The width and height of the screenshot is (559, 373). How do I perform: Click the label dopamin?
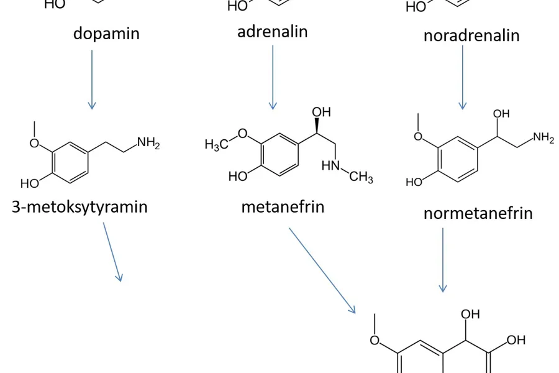point(106,33)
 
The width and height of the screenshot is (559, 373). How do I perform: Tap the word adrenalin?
point(273,31)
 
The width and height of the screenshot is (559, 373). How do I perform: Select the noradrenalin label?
point(471,35)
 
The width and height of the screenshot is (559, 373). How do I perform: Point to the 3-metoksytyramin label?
point(80,206)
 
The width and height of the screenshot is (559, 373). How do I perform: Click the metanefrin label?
point(283,206)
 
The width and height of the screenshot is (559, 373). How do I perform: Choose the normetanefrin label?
point(478,213)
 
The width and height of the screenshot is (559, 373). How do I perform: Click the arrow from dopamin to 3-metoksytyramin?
point(92,79)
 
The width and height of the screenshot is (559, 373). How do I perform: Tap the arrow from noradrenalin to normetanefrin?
point(462,77)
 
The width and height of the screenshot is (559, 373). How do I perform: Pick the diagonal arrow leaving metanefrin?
point(322,270)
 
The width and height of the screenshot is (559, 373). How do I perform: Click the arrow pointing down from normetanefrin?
point(443,259)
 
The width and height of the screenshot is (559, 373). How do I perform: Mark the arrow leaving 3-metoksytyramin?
point(112,252)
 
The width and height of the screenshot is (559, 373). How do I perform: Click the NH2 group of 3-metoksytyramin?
point(148,143)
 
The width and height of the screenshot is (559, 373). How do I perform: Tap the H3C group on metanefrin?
point(216,145)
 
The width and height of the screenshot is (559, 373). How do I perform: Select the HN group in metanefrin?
point(332,166)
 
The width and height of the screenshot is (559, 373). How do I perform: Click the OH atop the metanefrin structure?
point(321,113)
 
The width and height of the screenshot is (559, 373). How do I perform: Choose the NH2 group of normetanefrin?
point(543,139)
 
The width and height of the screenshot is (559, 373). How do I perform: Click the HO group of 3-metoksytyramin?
point(30,183)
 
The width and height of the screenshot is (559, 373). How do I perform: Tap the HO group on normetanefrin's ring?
point(414,182)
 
